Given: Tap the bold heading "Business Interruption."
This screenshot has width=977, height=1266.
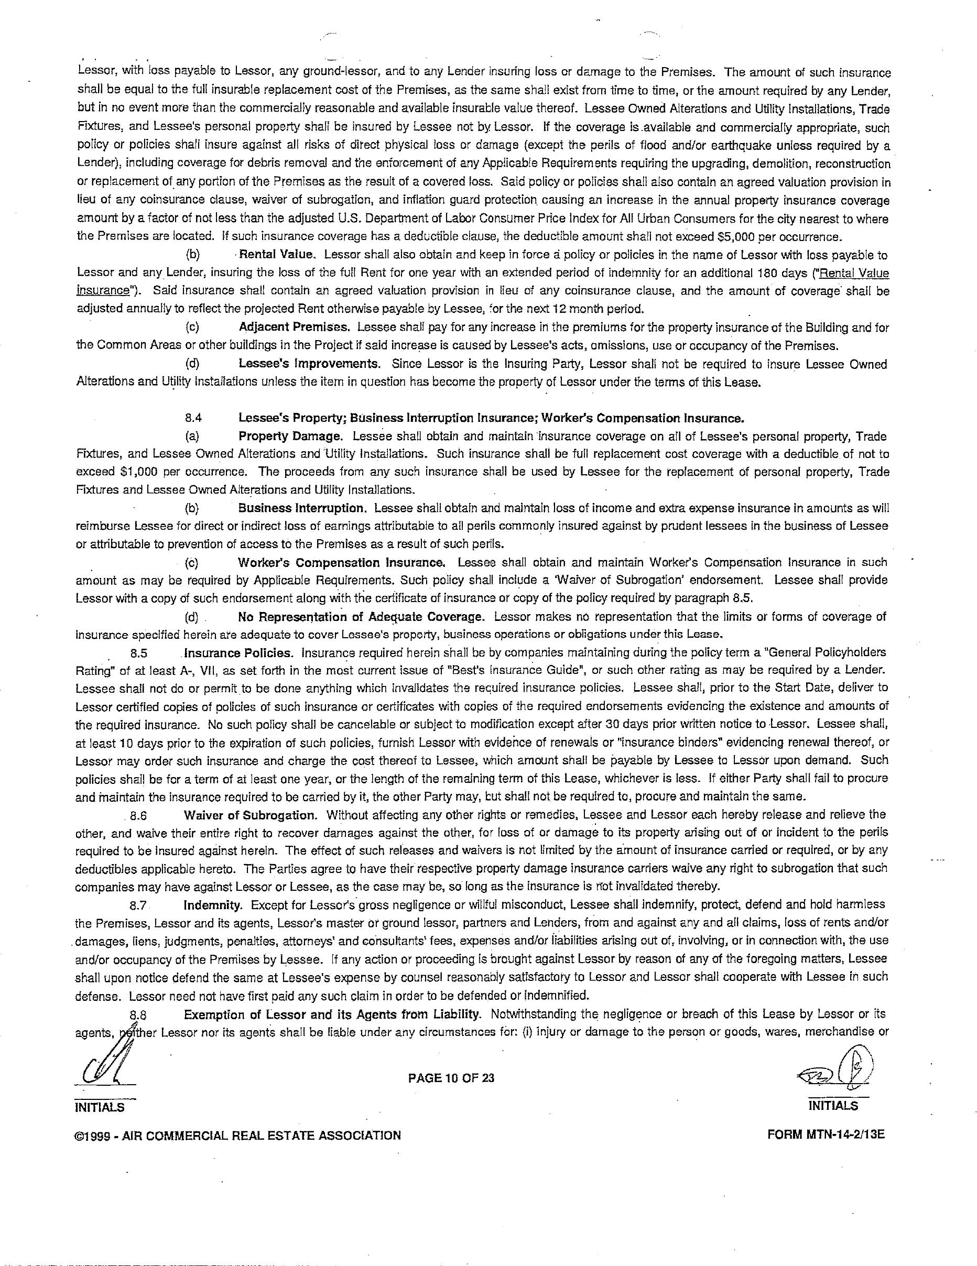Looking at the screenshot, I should tap(301, 508).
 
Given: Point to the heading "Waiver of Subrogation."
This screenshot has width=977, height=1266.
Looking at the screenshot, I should tap(251, 814).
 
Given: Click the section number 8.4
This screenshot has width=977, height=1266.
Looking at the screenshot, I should tap(193, 417).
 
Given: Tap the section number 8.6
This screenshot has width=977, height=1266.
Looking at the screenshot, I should tap(138, 815).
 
